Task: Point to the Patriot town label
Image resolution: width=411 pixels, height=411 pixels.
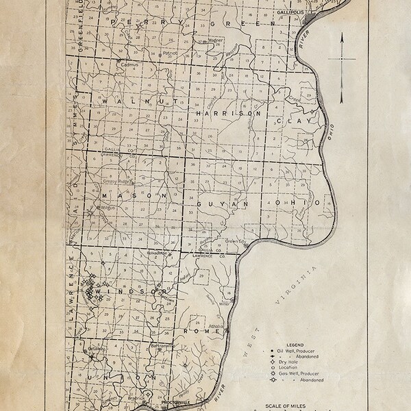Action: [170, 53]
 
